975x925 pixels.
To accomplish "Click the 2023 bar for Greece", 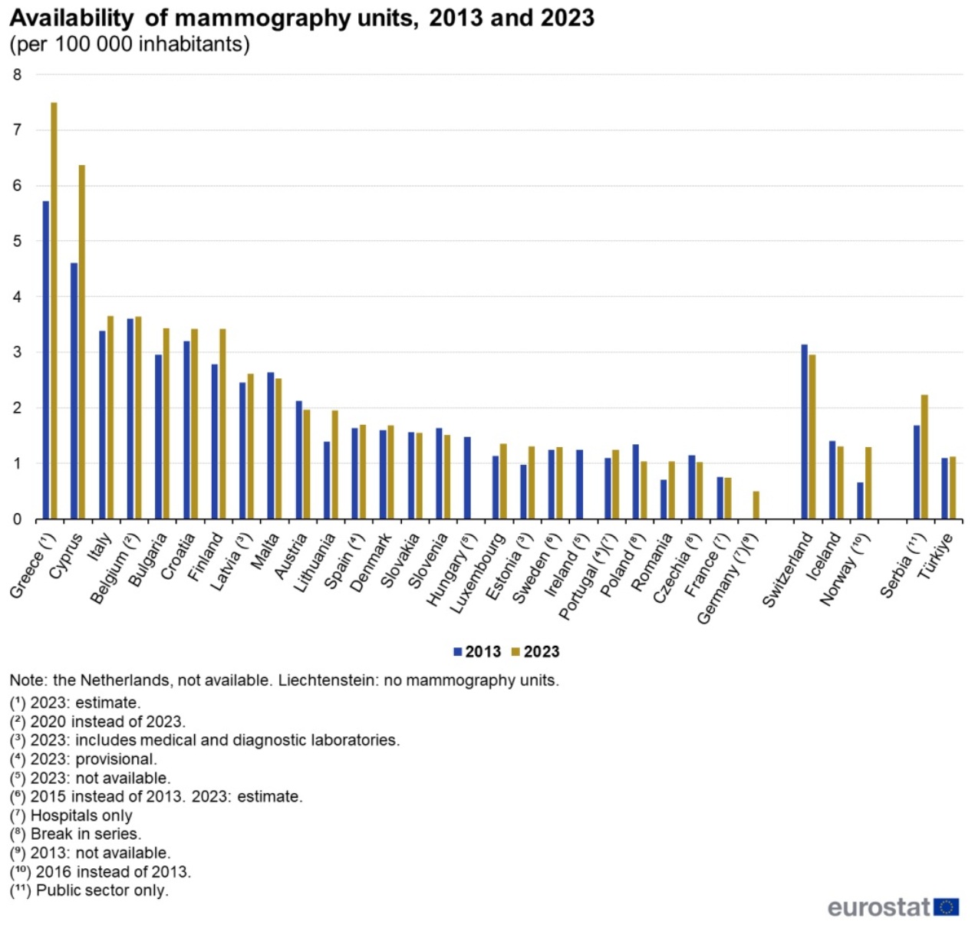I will pos(54,311).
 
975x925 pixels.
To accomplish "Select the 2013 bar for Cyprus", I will pos(74,391).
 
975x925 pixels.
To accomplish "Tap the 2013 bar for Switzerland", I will pos(804,432).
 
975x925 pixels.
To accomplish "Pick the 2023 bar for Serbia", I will pos(924,457).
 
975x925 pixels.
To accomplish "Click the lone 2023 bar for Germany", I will pos(756,505).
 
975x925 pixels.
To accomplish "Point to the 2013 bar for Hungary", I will pos(467,478).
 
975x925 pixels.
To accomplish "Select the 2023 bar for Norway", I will pos(868,483).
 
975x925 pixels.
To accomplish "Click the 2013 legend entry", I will pos(477,652).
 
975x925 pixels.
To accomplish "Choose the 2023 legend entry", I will pos(535,652).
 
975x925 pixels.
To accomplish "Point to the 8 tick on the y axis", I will pos(17,75).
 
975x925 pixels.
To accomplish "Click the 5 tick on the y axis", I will pos(17,242).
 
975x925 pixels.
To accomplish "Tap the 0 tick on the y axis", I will pos(17,520).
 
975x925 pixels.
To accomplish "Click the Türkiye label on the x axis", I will pos(936,556).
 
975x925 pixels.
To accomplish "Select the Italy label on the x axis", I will pos(100,549).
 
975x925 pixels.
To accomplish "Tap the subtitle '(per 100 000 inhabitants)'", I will pos(130,44).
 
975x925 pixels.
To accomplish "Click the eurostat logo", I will pos(893,907).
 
